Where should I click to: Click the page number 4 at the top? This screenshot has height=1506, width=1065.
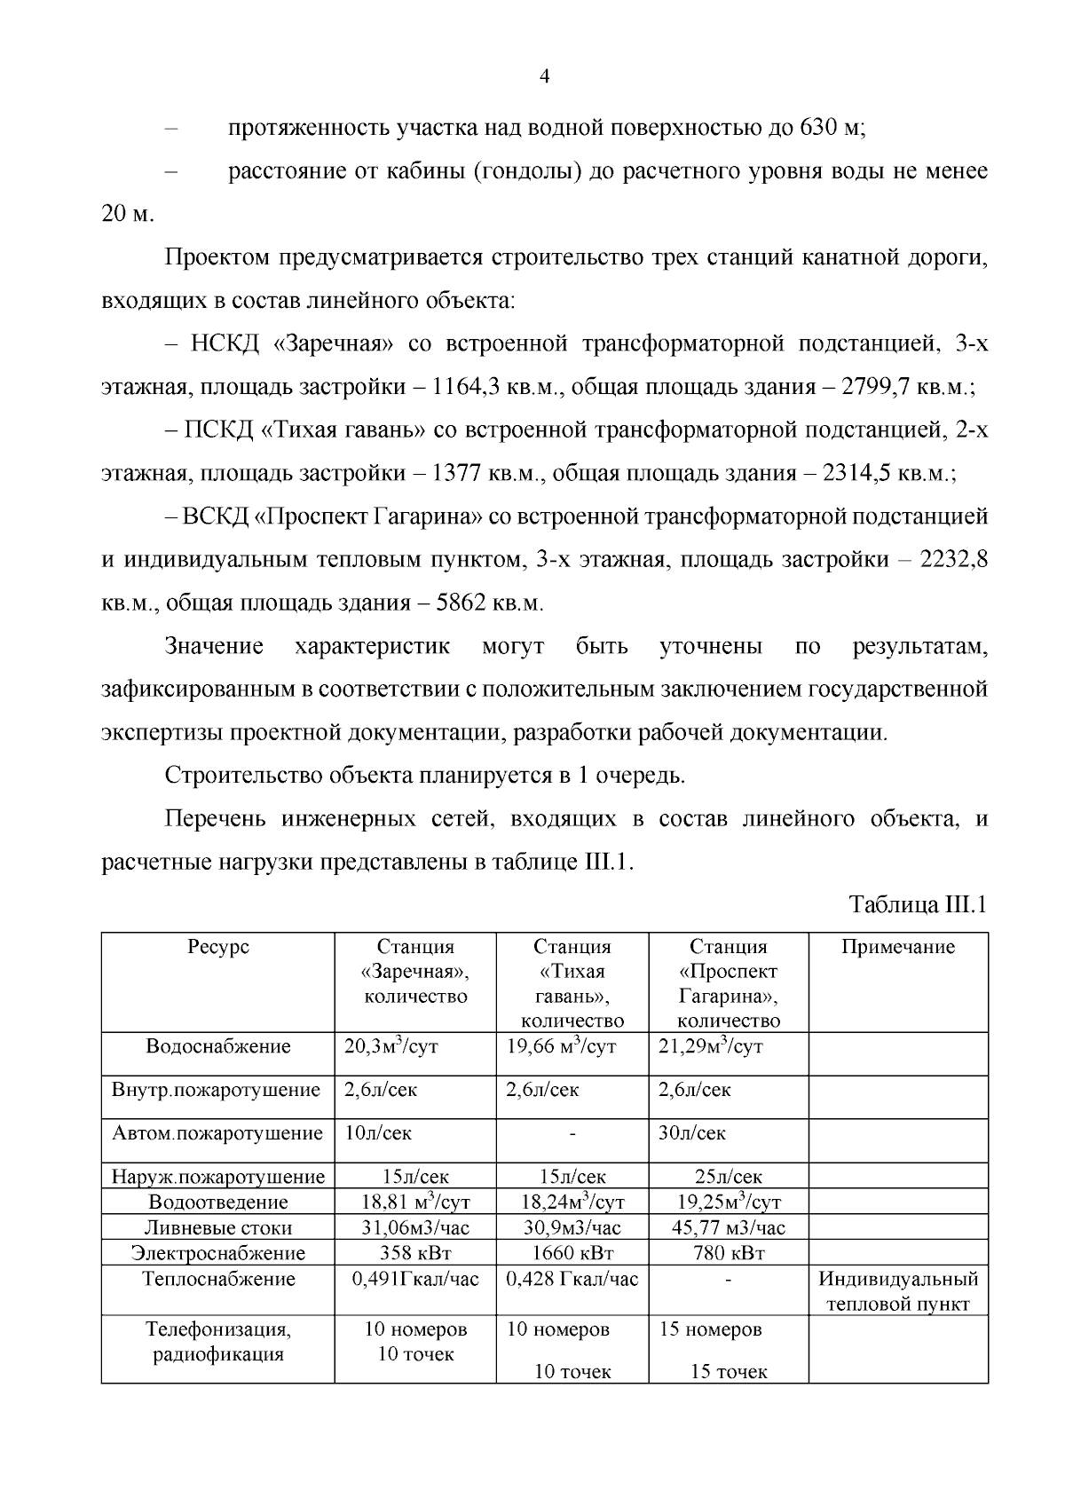click(545, 77)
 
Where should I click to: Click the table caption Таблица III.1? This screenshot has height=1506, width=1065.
click(919, 905)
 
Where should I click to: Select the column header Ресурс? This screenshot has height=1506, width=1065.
click(218, 947)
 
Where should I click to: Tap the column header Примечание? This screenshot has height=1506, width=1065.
click(898, 947)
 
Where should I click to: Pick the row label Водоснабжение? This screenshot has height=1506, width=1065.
click(218, 1046)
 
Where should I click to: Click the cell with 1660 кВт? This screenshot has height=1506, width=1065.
click(572, 1253)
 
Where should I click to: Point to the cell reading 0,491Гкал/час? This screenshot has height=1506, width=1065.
click(415, 1279)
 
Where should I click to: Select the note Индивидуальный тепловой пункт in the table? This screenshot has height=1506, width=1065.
click(898, 1291)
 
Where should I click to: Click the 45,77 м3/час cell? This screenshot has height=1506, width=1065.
click(729, 1227)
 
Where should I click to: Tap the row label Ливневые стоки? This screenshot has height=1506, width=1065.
click(218, 1228)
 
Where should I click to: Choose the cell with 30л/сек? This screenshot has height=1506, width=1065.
click(692, 1133)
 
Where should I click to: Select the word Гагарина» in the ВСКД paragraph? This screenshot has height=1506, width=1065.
click(425, 516)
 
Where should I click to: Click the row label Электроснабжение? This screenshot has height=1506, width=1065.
click(218, 1253)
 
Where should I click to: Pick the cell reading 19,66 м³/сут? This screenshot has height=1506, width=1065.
click(561, 1046)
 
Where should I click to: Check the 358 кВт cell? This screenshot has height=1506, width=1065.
click(415, 1253)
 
